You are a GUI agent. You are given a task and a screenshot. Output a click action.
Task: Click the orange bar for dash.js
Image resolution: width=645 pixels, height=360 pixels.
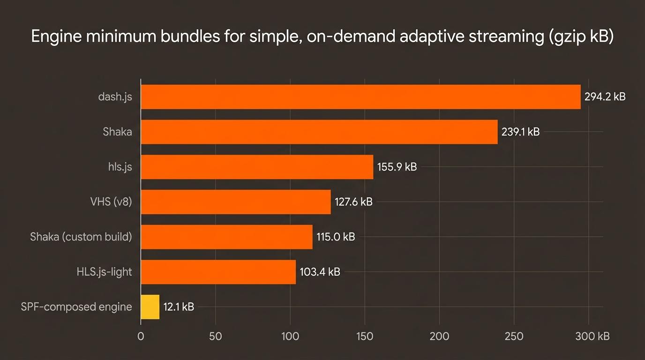pyautogui.click(x=360, y=97)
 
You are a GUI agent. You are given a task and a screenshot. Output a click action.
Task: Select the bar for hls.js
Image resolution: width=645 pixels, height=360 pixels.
pyautogui.click(x=257, y=167)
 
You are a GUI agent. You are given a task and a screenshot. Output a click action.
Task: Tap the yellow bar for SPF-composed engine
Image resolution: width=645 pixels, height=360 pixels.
pyautogui.click(x=150, y=307)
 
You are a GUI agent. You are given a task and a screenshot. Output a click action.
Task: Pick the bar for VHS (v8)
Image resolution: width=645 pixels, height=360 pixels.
pyautogui.click(x=236, y=202)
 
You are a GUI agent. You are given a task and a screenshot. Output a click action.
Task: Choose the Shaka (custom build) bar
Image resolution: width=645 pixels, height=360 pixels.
pyautogui.click(x=226, y=237)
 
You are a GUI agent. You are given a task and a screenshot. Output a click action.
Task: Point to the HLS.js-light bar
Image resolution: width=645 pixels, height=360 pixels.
pyautogui.click(x=218, y=272)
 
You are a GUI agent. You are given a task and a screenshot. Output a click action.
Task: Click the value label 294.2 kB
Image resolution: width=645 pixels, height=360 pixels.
pyautogui.click(x=605, y=97)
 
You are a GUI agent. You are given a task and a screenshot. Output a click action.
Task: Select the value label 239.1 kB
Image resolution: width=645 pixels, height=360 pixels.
pyautogui.click(x=520, y=132)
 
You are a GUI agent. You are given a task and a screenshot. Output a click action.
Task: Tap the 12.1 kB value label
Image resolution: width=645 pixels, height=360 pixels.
pyautogui.click(x=179, y=307)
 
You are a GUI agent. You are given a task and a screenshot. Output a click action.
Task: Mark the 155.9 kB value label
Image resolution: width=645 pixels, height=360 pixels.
pyautogui.click(x=397, y=167)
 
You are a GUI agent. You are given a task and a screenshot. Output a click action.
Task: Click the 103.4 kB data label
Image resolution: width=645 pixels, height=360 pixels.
pyautogui.click(x=320, y=272)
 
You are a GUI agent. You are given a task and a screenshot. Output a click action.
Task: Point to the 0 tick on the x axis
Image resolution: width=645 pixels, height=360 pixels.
pyautogui.click(x=141, y=336)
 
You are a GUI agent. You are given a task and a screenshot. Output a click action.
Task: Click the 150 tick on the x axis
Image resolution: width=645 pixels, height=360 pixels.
pyautogui.click(x=365, y=336)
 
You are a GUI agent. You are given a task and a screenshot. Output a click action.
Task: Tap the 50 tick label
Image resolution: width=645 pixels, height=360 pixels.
pyautogui.click(x=215, y=336)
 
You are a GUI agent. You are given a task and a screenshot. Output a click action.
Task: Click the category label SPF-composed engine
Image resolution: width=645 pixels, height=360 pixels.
pyautogui.click(x=76, y=307)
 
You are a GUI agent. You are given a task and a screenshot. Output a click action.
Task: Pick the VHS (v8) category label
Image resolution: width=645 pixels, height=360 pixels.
pyautogui.click(x=111, y=202)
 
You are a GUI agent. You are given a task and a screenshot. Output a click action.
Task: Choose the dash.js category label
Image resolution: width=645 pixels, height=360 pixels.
pyautogui.click(x=115, y=97)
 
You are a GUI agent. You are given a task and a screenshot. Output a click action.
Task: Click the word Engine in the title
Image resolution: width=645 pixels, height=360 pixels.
pyautogui.click(x=57, y=37)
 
